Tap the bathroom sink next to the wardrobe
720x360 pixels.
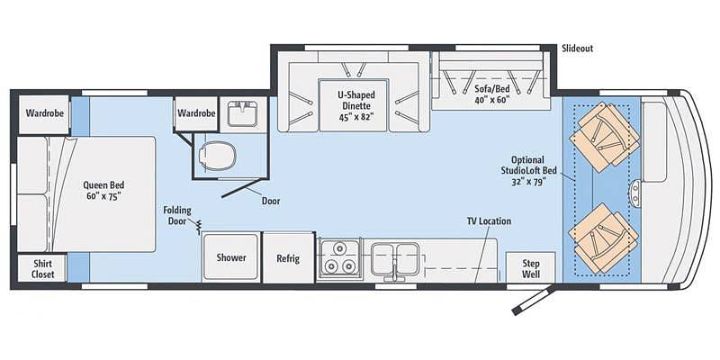coord(242,113)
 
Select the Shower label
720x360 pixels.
coord(231,257)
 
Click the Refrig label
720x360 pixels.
coord(288,258)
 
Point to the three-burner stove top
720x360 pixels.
coord(339,258)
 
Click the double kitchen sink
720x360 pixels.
coord(395,259)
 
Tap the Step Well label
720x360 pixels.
coord(531,268)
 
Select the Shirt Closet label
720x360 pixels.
coord(42,269)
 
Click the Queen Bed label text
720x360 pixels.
coord(103,191)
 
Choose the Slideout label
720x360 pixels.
coord(577,49)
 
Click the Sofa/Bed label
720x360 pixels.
coord(490,94)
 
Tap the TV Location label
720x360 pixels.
coord(489,221)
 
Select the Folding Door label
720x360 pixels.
coord(177,215)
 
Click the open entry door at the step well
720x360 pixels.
coord(533,301)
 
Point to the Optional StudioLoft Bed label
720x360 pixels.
coord(527,170)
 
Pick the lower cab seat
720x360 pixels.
coord(603,238)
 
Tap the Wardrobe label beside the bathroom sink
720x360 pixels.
coord(196,112)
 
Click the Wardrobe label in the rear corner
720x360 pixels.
coord(44,112)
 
